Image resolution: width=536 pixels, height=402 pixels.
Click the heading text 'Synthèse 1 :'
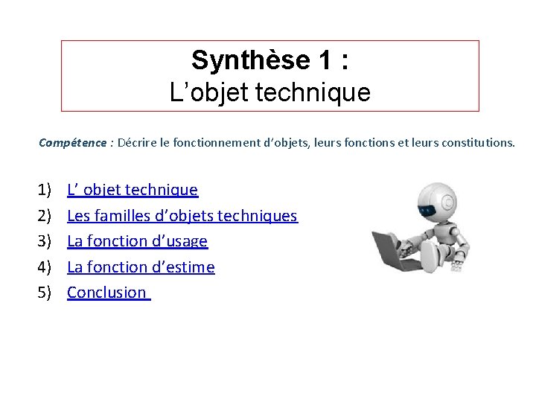point(269,60)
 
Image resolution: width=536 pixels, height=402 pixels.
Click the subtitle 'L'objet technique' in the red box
point(269,93)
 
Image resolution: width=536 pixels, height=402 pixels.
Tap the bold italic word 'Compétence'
point(73,142)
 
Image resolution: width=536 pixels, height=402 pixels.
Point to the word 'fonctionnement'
point(211,142)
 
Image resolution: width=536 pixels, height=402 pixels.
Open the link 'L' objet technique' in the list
point(133,190)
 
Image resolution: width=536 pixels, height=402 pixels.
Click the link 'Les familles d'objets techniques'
point(182,216)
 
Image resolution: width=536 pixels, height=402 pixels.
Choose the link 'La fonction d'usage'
point(137,241)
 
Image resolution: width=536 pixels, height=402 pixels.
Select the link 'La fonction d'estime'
point(141,267)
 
